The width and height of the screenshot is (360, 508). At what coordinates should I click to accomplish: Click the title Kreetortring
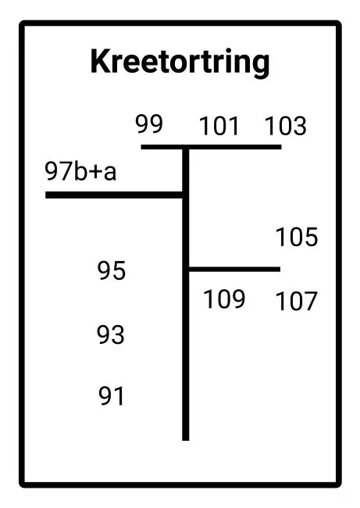click(180, 62)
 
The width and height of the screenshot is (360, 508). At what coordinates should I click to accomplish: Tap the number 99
click(149, 123)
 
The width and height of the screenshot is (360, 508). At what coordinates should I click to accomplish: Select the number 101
click(219, 126)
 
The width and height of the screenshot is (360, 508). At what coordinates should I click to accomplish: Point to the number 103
click(286, 126)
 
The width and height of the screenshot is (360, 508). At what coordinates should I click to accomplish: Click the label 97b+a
click(80, 171)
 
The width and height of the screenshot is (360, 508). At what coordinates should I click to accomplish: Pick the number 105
click(297, 237)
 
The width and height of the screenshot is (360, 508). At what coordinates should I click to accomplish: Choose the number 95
click(112, 270)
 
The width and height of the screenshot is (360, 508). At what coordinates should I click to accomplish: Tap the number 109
click(224, 299)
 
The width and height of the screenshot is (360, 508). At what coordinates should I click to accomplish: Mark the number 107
click(296, 302)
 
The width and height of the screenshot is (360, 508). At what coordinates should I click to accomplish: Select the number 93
click(110, 334)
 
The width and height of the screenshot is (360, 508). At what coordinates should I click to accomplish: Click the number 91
click(112, 396)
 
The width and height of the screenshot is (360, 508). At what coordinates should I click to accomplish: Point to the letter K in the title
click(101, 61)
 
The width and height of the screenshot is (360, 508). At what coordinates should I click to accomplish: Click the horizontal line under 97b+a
click(114, 195)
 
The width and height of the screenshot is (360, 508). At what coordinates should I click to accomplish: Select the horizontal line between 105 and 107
click(234, 269)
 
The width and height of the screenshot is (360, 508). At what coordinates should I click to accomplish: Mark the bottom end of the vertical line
click(186, 440)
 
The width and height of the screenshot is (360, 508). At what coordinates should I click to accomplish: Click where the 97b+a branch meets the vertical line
click(185, 195)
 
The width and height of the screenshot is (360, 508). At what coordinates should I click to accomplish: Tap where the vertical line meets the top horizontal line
click(186, 147)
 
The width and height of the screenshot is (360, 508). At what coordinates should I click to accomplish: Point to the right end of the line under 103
click(281, 147)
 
